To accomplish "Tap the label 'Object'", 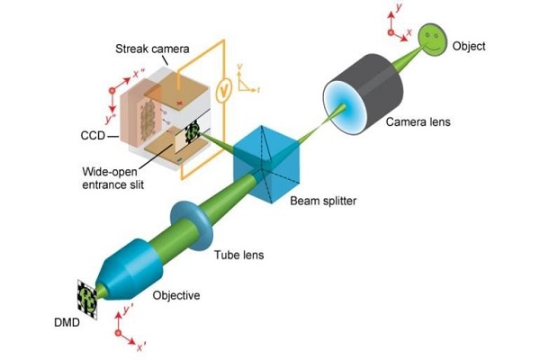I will point(474,45).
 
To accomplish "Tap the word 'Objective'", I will point(177,295).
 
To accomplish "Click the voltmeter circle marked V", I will point(227,86).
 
